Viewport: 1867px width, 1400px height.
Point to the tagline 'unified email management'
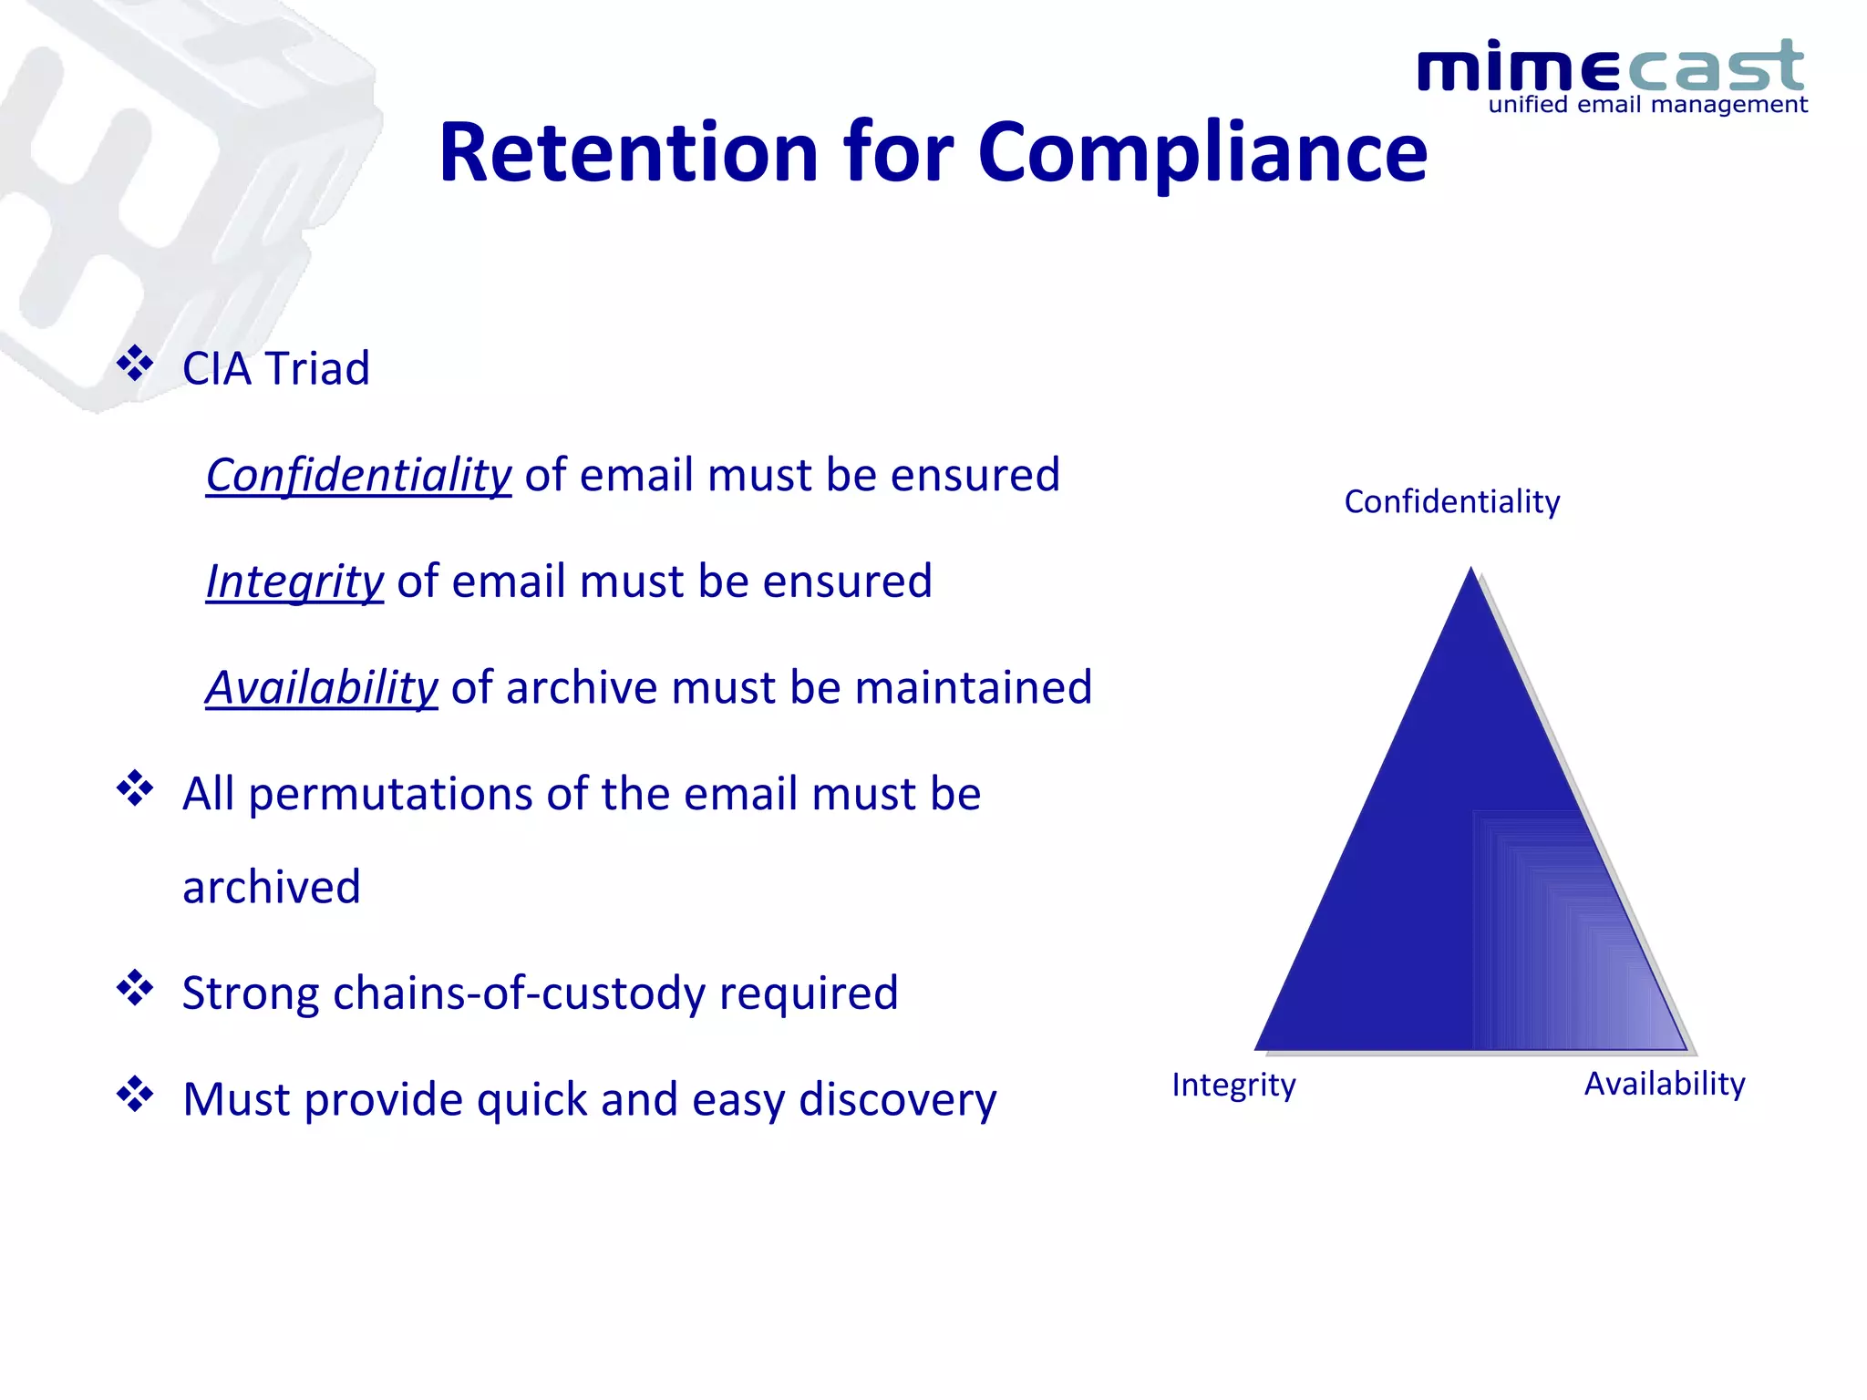pyautogui.click(x=1647, y=105)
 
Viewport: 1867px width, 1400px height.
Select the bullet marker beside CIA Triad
pyautogui.click(x=135, y=364)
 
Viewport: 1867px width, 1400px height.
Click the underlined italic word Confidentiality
pyautogui.click(x=358, y=475)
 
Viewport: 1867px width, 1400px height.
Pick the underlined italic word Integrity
pyautogui.click(x=294, y=582)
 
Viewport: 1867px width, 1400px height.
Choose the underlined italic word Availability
pyautogui.click(x=322, y=687)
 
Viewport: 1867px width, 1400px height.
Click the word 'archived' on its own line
pyautogui.click(x=272, y=887)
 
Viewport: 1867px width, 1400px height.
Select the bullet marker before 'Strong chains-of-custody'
pyautogui.click(x=135, y=988)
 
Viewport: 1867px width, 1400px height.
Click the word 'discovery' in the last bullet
pyautogui.click(x=897, y=1099)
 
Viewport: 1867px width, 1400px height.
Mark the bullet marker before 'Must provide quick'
pyautogui.click(x=135, y=1095)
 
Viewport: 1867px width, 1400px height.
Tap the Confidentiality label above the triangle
pyautogui.click(x=1451, y=502)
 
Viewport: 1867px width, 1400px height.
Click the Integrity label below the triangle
pyautogui.click(x=1233, y=1085)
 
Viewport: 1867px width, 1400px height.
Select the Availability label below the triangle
pyautogui.click(x=1664, y=1084)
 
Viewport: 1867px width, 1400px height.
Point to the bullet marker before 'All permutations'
pyautogui.click(x=135, y=788)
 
